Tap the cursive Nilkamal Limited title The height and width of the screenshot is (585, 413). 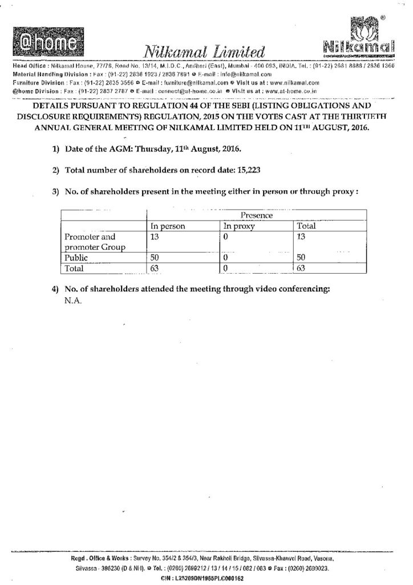point(205,53)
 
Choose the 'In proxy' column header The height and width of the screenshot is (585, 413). point(238,226)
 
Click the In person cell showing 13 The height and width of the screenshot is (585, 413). point(154,237)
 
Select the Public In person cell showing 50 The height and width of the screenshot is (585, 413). point(154,258)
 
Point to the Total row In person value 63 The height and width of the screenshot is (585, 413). point(154,268)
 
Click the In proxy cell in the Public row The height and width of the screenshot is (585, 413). point(226,258)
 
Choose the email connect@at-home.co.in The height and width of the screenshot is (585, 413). point(189,91)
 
